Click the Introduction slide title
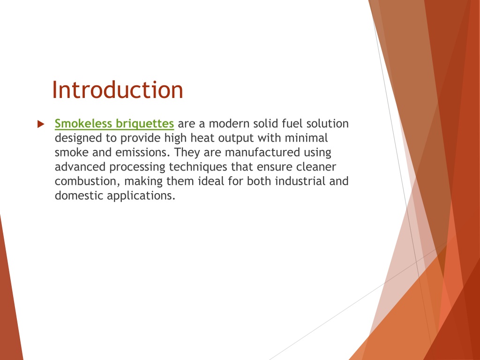coord(118,90)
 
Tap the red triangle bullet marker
coord(41,124)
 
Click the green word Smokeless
coord(83,123)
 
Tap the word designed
coord(78,138)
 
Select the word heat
coord(202,138)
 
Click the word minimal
coord(306,138)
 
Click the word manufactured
coord(262,152)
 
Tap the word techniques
coord(198,167)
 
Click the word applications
coord(141,196)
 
